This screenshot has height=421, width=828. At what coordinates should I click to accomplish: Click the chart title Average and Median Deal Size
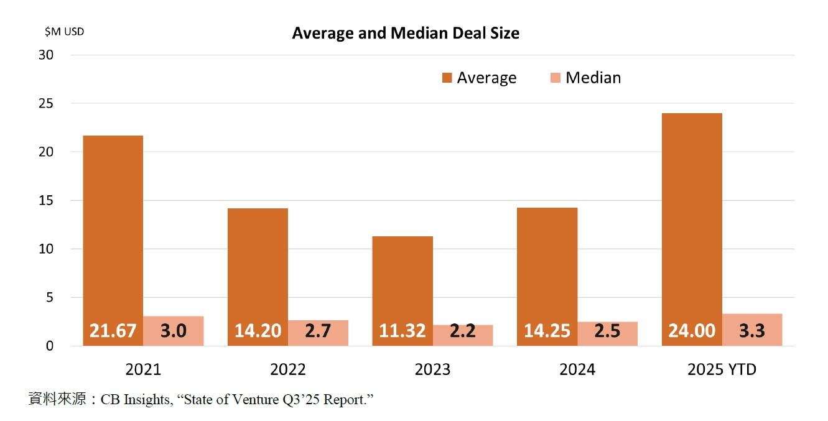pos(406,33)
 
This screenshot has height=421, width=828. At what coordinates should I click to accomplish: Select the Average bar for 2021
pos(113,236)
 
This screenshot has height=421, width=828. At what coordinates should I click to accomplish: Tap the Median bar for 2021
pos(174,331)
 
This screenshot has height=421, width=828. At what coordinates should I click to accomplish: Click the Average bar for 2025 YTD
pos(692,224)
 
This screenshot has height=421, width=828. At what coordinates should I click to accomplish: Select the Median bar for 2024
pos(607,333)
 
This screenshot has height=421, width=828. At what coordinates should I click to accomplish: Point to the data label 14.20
pos(258,331)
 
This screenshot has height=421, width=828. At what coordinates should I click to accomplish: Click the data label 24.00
pos(692,331)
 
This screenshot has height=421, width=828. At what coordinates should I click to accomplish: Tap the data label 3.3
pos(752,331)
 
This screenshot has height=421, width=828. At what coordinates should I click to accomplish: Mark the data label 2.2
pos(463,331)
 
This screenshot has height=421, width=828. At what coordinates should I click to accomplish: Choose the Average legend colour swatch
pos(447,78)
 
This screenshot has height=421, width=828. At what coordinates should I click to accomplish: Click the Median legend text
pos(593,78)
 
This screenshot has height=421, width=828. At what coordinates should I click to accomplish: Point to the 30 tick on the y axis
pos(47,55)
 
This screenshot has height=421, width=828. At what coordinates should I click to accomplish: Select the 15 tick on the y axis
pos(47,200)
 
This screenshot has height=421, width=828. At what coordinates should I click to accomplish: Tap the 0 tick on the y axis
pos(50,346)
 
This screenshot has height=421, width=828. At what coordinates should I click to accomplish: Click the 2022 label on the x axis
pos(288,369)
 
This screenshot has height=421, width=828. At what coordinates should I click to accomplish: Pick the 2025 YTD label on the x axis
pos(722,369)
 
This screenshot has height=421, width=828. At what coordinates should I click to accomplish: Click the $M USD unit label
pos(64,31)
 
